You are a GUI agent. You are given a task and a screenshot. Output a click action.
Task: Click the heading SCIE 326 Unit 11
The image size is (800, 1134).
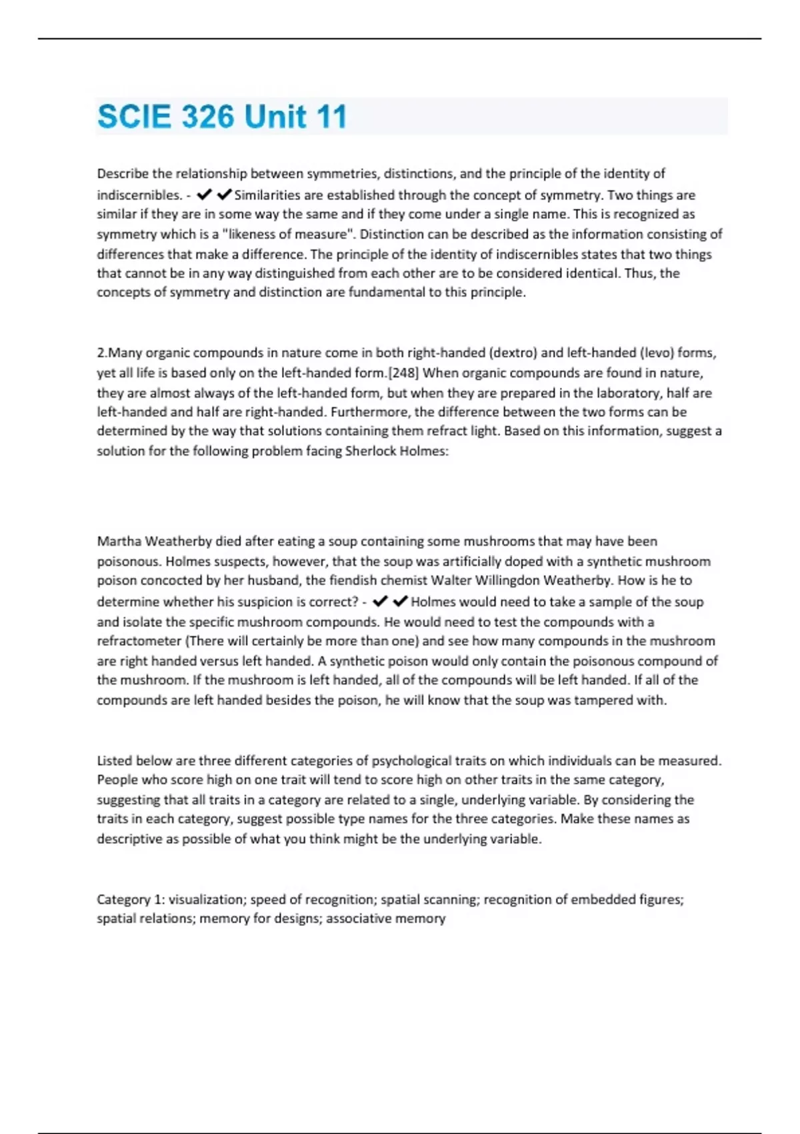[x=222, y=117]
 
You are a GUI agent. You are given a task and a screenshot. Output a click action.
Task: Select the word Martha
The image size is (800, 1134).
[x=119, y=541]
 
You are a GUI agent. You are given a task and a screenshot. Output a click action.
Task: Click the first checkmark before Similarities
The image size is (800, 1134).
[x=204, y=195]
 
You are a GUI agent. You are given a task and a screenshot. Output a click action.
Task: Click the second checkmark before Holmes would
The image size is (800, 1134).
[x=400, y=602]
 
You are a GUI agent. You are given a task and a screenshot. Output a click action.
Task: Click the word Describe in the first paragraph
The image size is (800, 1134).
[x=123, y=173]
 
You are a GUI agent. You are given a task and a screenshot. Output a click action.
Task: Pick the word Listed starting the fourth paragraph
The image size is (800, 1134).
[x=114, y=760]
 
